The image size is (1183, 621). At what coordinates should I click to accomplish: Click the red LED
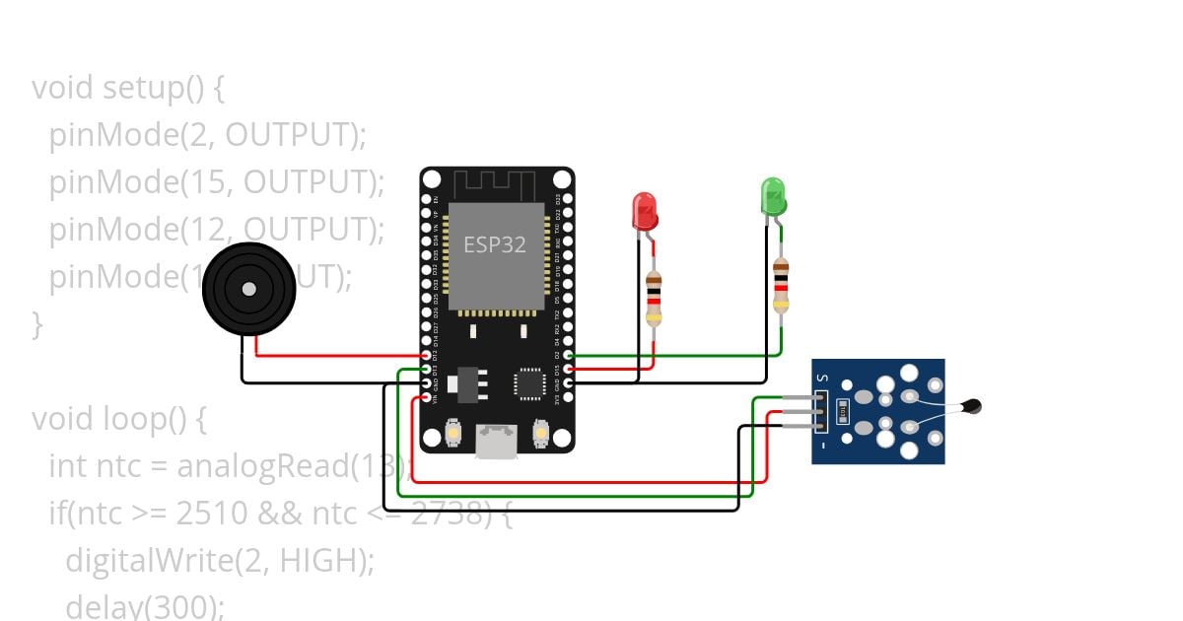click(645, 211)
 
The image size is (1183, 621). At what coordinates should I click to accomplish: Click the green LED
click(773, 195)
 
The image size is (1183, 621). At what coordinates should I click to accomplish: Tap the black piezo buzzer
click(248, 289)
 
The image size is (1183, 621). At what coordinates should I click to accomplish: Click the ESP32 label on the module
click(495, 244)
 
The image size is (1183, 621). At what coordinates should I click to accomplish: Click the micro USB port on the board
click(496, 441)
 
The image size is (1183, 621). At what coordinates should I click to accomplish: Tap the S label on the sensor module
click(820, 379)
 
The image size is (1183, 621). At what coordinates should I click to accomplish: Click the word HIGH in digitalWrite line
click(313, 560)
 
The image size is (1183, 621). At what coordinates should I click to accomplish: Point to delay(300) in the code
click(144, 605)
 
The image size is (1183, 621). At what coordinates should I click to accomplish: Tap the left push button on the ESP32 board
click(453, 432)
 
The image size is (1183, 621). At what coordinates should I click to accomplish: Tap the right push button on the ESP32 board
click(540, 432)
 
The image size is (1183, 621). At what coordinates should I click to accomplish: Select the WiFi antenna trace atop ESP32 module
click(497, 185)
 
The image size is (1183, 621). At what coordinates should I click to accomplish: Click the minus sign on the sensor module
click(820, 446)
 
